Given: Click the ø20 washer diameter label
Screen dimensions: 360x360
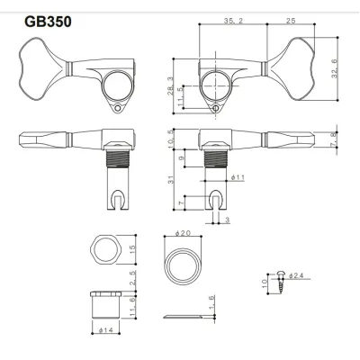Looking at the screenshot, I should pyautogui.click(x=184, y=233).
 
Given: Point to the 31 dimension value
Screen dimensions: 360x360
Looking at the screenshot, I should pyautogui.click(x=172, y=182).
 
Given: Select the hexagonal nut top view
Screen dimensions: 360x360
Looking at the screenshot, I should pyautogui.click(x=106, y=253).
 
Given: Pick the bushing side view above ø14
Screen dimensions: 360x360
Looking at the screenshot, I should pyautogui.click(x=106, y=306).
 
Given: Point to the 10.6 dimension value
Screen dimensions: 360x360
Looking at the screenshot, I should pyautogui.click(x=172, y=136).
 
